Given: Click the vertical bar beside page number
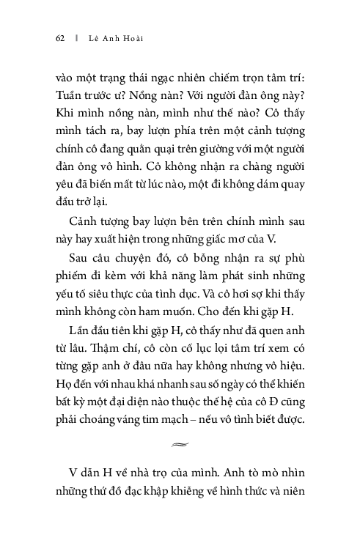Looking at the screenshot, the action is click(x=76, y=39).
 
